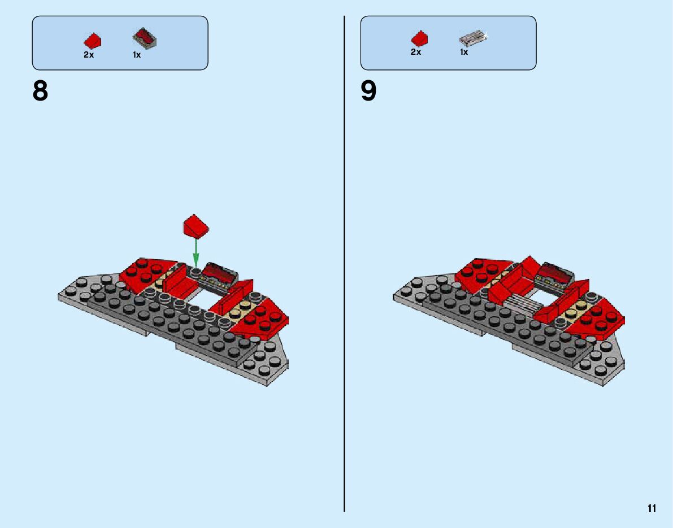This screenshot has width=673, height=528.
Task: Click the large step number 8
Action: [x=40, y=91]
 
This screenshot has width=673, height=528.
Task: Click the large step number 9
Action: [x=368, y=91]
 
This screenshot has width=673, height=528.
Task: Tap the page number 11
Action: [x=652, y=508]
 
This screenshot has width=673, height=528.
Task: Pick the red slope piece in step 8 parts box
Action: [x=92, y=41]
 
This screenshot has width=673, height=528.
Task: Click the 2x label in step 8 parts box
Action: [x=89, y=55]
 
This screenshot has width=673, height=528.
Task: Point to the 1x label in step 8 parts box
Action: [x=137, y=55]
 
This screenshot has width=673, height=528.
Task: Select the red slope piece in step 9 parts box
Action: [x=419, y=38]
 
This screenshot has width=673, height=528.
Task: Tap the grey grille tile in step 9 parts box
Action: [x=472, y=38]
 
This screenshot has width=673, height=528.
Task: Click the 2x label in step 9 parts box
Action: [x=416, y=52]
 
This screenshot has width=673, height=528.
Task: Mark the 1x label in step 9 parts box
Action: [x=464, y=52]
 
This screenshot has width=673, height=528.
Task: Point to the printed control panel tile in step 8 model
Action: [x=219, y=274]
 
